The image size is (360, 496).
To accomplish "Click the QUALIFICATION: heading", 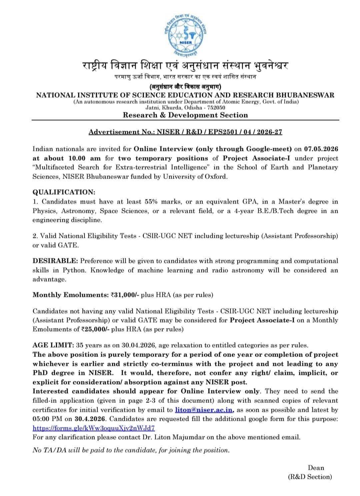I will [x=64, y=192].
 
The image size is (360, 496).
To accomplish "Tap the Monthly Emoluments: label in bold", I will [x=71, y=295].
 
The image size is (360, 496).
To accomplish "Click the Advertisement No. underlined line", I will [x=185, y=132].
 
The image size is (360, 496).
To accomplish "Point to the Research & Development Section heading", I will [x=185, y=115].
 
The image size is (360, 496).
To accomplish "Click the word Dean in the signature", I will [x=316, y=468].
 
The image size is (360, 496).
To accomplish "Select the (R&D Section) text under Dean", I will [x=310, y=477].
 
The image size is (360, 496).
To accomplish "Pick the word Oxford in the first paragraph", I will [x=217, y=177].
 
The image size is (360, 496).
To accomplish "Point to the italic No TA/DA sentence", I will [x=131, y=450].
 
